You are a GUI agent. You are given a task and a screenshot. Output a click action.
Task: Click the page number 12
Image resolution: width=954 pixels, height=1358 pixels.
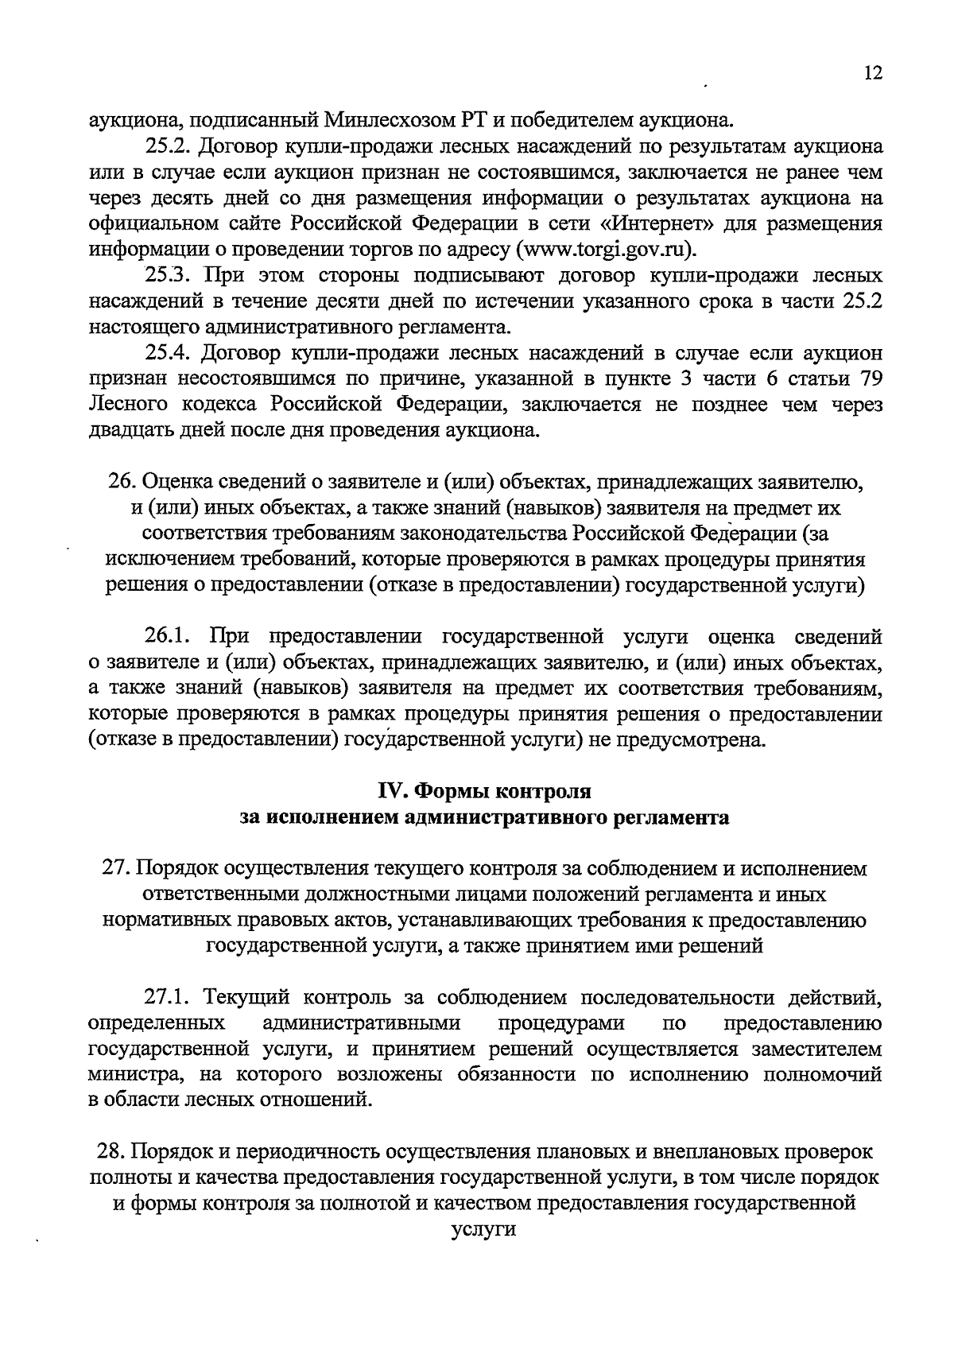pos(872,73)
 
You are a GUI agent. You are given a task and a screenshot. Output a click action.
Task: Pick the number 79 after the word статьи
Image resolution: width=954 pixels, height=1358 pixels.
pos(867,378)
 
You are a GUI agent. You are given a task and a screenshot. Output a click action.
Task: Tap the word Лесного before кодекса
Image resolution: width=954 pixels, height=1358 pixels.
pos(128,405)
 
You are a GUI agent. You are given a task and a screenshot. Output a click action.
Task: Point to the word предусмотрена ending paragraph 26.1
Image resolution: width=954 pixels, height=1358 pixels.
pos(684,740)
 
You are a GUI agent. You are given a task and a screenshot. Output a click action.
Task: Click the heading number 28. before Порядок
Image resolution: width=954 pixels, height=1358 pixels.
pos(110,1151)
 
